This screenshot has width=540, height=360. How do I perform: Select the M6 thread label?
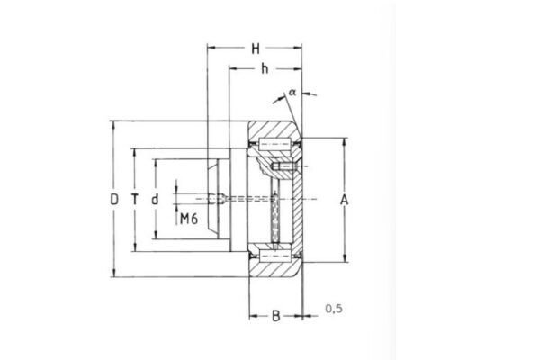(188, 219)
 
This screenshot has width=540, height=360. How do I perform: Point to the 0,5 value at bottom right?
(332, 310)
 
